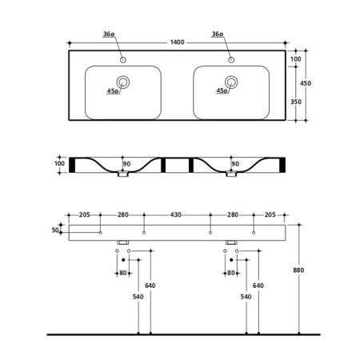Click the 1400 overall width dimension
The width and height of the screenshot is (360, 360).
pos(177,42)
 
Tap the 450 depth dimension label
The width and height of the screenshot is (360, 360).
pos(306,83)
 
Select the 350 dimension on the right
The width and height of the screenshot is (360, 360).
pos(296,102)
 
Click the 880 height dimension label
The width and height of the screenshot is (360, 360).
pos(298,270)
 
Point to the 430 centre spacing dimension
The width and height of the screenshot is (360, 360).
pos(176,214)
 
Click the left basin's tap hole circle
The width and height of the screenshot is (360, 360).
pos(123,60)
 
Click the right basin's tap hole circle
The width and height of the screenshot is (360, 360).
pos(231,60)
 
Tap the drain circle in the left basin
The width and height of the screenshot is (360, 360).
pos(123,82)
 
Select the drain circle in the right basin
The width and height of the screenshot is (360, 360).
pos(231,82)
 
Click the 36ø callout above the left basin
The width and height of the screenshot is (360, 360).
pos(109,34)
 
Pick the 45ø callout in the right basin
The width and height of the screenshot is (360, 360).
pos(222,90)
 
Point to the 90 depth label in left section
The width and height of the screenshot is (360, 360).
pos(126,164)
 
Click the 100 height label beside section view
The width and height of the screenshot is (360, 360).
pos(59,163)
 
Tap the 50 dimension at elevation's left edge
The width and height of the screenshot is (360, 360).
pos(55,230)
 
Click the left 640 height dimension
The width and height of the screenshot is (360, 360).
pos(150,286)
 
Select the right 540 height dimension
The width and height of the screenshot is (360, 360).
pos(246,297)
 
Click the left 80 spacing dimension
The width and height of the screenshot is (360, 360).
pos(123,273)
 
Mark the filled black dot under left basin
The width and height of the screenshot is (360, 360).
pos(123,260)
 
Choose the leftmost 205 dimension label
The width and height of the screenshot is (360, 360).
pos(85,214)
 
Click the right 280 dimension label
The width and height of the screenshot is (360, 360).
pos(233,214)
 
